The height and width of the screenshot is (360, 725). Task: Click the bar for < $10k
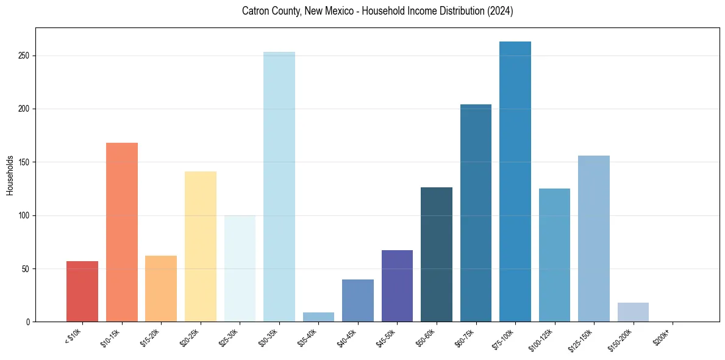pyautogui.click(x=82, y=291)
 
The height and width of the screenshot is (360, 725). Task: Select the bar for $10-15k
pyautogui.click(x=122, y=232)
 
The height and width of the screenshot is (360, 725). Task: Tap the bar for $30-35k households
pyautogui.click(x=279, y=187)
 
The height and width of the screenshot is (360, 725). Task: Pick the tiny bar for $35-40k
pyautogui.click(x=318, y=317)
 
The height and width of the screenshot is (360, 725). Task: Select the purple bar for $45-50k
pyautogui.click(x=397, y=286)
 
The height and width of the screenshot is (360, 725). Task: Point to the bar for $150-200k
pyautogui.click(x=633, y=312)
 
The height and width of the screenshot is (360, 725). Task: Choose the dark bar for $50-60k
pyautogui.click(x=437, y=254)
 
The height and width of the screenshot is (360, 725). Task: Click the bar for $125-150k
pyautogui.click(x=594, y=239)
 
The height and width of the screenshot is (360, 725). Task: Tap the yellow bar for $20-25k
pyautogui.click(x=201, y=247)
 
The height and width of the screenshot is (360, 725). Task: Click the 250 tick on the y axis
pyautogui.click(x=24, y=56)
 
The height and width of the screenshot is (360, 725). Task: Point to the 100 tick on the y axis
pyautogui.click(x=24, y=215)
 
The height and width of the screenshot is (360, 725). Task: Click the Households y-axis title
pyautogui.click(x=10, y=175)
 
